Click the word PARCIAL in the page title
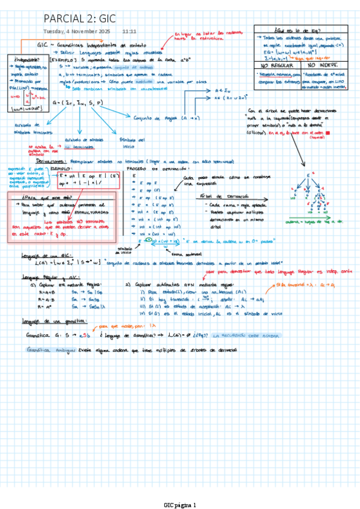tap(64, 19)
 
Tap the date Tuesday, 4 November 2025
tap(77, 31)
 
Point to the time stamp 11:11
tap(129, 31)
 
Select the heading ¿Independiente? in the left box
tap(23, 59)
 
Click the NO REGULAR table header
tap(273, 65)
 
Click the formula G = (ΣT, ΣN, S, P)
tap(77, 103)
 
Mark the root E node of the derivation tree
tap(308, 174)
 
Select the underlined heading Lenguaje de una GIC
tap(41, 256)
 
